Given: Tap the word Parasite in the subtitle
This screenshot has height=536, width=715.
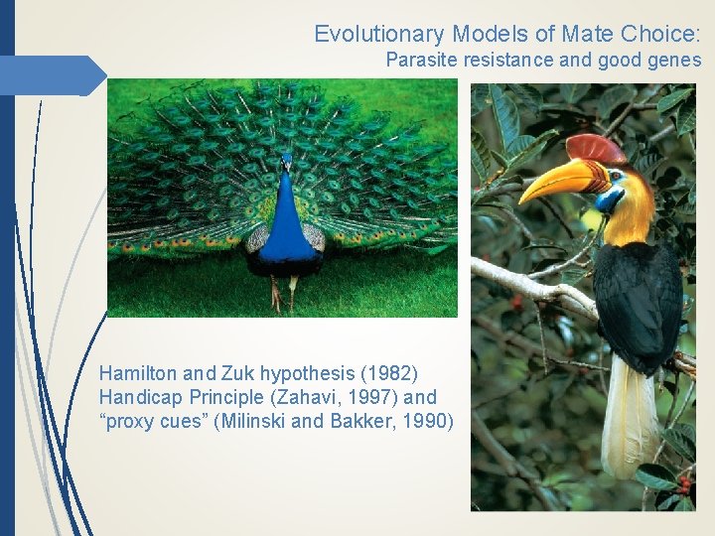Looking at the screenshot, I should pos(419,61).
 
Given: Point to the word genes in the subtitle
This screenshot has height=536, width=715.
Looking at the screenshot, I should pos(675,61).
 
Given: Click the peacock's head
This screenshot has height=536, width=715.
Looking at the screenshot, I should pos(287,161).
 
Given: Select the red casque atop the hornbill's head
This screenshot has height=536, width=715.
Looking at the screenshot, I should pos(596,148).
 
